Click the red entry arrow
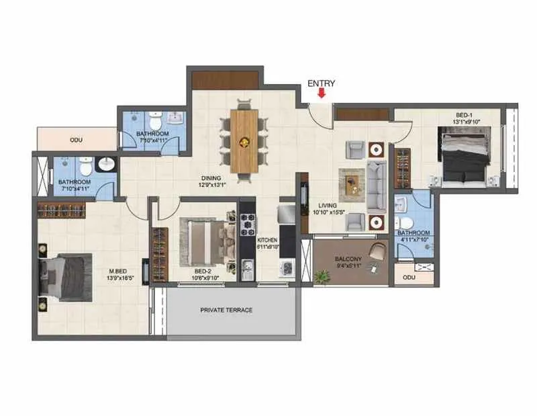[x=322, y=94]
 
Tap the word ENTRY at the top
[x=322, y=83]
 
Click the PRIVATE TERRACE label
[x=226, y=310]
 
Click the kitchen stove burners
[x=247, y=224]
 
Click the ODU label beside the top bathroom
[x=75, y=140]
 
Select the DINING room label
[x=210, y=179]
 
